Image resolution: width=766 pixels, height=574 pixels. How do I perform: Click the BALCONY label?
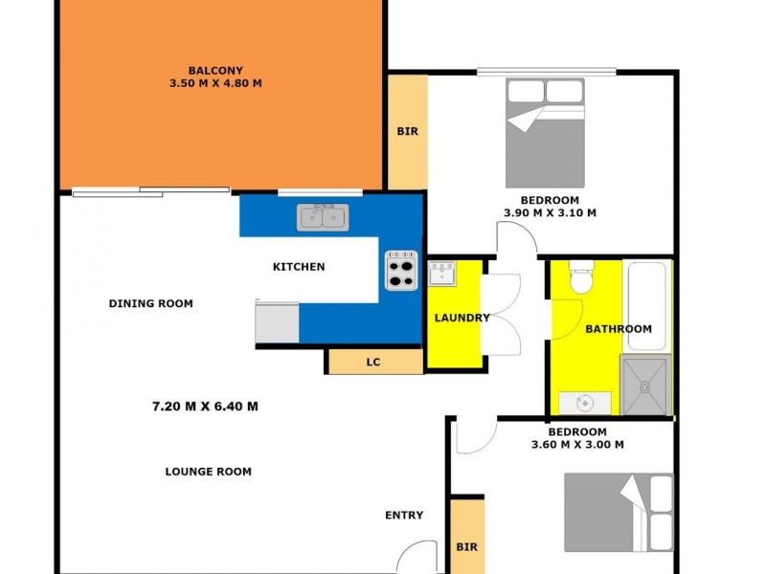(x=214, y=70)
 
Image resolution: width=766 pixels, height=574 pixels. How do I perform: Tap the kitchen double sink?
(x=323, y=217)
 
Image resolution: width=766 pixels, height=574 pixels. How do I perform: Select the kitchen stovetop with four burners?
(x=402, y=270)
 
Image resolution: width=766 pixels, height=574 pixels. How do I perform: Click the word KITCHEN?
(x=299, y=267)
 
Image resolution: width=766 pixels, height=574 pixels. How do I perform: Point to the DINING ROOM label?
(x=150, y=303)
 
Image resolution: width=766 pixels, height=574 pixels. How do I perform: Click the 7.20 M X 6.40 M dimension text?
(x=205, y=406)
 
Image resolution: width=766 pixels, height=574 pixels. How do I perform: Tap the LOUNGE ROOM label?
(x=208, y=471)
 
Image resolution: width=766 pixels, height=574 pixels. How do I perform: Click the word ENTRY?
(x=404, y=516)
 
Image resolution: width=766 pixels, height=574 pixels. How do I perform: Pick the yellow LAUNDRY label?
(x=462, y=318)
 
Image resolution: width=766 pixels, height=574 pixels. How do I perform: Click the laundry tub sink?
(x=441, y=275)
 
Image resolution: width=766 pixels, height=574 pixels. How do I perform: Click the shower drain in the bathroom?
(x=644, y=387)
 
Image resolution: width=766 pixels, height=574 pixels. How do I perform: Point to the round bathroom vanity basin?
(x=580, y=403)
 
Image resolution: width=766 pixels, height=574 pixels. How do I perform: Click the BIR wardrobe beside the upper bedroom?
(x=407, y=132)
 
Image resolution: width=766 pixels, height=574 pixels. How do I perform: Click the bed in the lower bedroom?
(x=618, y=513)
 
